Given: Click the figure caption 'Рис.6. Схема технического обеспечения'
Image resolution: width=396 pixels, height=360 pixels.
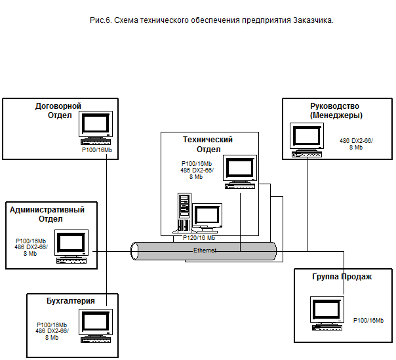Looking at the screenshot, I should [x=212, y=21].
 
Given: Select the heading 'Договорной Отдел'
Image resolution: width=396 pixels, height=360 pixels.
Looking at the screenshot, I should [x=58, y=110].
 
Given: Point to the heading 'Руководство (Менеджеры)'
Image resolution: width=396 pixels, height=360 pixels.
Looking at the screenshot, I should [x=335, y=110].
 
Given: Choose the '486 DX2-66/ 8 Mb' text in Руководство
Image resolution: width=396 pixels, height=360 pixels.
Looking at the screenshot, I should [x=355, y=144].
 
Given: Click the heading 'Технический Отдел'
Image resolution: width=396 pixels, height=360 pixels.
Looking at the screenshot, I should [x=208, y=144].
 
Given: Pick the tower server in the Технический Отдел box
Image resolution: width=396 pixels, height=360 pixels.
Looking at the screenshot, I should [x=184, y=211].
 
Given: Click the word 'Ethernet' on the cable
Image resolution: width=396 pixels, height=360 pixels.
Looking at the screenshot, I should [x=205, y=250].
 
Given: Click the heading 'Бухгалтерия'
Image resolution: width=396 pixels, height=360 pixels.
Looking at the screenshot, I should [x=71, y=301].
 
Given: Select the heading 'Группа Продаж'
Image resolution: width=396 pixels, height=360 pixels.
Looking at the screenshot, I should [x=343, y=277].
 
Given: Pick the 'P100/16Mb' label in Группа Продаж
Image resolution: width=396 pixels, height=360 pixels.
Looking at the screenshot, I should [x=370, y=319].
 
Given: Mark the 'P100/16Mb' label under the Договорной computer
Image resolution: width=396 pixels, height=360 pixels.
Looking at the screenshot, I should [x=96, y=150].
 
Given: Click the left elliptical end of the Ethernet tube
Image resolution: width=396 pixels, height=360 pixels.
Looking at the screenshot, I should [x=135, y=250].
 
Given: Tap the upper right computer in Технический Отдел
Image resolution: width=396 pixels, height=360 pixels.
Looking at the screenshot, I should [x=240, y=170].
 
